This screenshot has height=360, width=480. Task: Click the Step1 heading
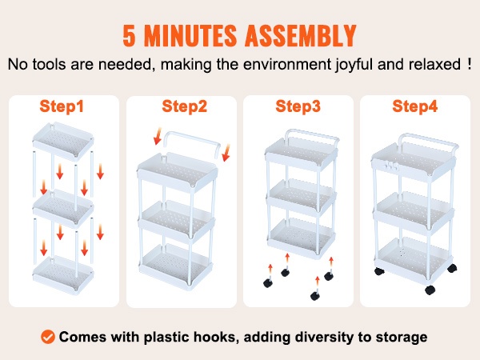pyautogui.click(x=62, y=106)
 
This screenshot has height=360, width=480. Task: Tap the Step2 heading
pyautogui.click(x=184, y=106)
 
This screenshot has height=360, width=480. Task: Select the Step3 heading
pyautogui.click(x=298, y=106)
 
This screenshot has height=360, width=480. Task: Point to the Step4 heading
pyautogui.click(x=414, y=106)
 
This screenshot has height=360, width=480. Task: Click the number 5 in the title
pyautogui.click(x=129, y=35)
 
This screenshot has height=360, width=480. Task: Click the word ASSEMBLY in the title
pyautogui.click(x=300, y=35)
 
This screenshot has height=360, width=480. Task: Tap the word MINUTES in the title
pyautogui.click(x=190, y=35)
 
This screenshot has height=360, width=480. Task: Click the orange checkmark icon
pyautogui.click(x=48, y=337)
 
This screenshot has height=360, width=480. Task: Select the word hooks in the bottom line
pyautogui.click(x=217, y=337)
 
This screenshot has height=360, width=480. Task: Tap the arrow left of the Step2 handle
pyautogui.click(x=158, y=136)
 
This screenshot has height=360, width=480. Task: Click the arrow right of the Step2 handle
pyautogui.click(x=226, y=153)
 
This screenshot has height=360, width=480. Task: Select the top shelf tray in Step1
pyautogui.click(x=63, y=141)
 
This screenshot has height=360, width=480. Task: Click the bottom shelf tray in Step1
pyautogui.click(x=63, y=275)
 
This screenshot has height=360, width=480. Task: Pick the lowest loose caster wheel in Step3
pyautogui.click(x=315, y=295)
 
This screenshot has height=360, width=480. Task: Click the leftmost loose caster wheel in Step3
pyautogui.click(x=268, y=282)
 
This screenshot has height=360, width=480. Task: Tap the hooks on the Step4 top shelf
pyautogui.click(x=392, y=167)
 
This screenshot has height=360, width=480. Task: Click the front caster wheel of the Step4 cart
pyautogui.click(x=430, y=290)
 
